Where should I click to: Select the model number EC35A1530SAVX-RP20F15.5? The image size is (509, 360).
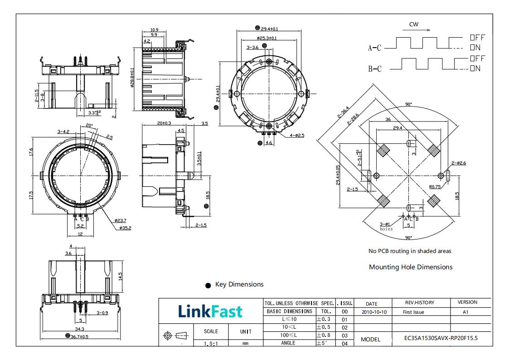(x=441, y=338)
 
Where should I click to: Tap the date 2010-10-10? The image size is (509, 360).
(x=374, y=312)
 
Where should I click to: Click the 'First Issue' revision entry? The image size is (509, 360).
(x=413, y=312)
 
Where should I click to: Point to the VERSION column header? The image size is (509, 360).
(x=467, y=302)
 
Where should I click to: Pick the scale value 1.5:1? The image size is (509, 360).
(x=211, y=344)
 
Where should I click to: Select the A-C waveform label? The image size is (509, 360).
(x=375, y=48)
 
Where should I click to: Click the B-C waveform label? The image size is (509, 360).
(x=375, y=69)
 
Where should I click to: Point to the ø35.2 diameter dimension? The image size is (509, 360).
(x=125, y=228)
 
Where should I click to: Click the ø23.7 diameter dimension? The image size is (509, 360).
(x=121, y=220)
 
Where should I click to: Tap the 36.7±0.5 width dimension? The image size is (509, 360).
(x=79, y=336)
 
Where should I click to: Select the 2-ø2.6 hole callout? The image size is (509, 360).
(x=459, y=163)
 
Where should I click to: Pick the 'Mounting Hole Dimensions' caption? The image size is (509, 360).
(x=411, y=267)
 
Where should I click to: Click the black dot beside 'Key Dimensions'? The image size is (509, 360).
(x=208, y=285)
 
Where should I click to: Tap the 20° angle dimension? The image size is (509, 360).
(x=89, y=126)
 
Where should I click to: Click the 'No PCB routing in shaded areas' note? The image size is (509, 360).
(x=410, y=251)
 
